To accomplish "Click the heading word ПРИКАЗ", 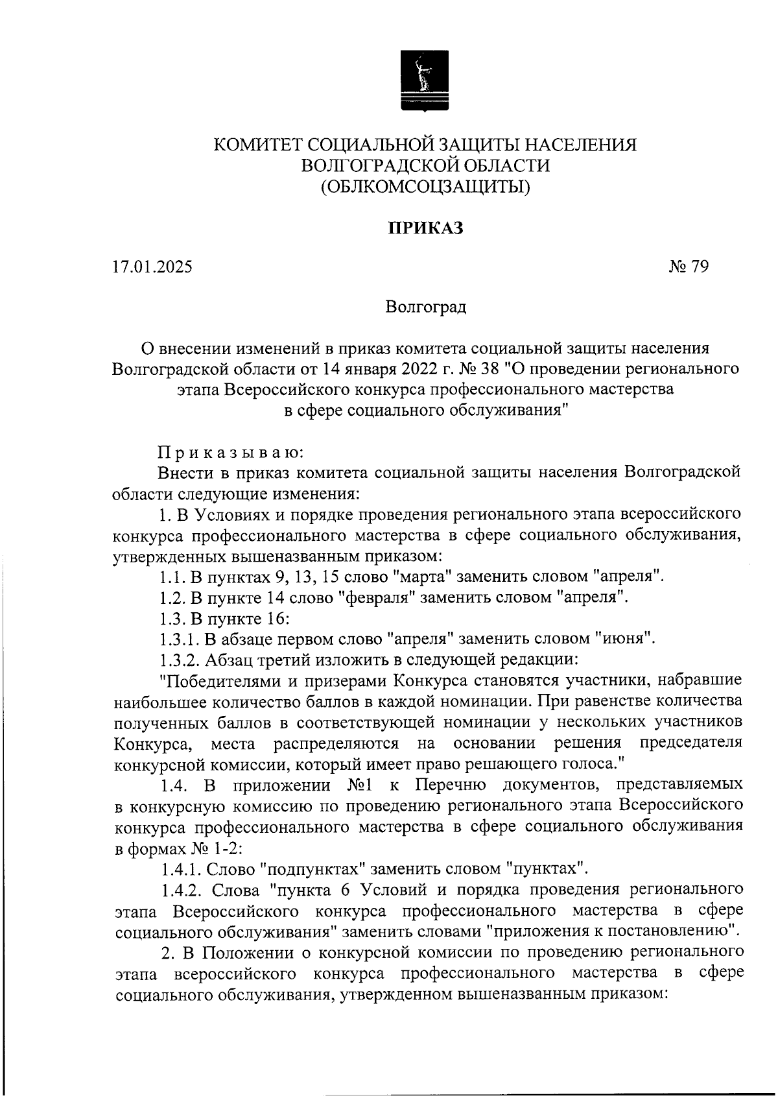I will (x=425, y=228).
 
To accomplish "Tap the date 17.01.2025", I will (x=152, y=267).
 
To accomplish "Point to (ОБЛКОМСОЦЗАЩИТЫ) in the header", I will (x=425, y=187).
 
